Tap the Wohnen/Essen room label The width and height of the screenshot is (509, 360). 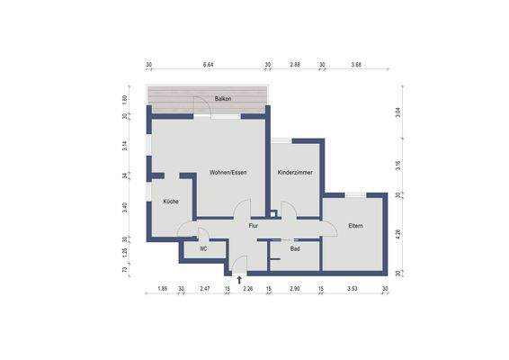(228, 172)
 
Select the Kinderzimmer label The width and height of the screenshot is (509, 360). (295, 172)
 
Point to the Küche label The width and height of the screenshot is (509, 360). (170, 202)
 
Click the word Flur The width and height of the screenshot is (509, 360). (254, 226)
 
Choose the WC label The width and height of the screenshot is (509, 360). (204, 247)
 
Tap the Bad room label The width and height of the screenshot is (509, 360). (295, 247)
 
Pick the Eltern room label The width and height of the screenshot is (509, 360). (355, 226)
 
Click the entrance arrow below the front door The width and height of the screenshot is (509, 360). (238, 280)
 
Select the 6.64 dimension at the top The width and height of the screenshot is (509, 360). (209, 66)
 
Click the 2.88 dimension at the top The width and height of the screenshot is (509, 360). (295, 66)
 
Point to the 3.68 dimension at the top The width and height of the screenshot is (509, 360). (356, 66)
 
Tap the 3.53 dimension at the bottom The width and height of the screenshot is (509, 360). (353, 288)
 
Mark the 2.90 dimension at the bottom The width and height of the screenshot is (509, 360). (295, 288)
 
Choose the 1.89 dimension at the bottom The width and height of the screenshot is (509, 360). (163, 288)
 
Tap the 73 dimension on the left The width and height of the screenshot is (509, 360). (125, 269)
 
